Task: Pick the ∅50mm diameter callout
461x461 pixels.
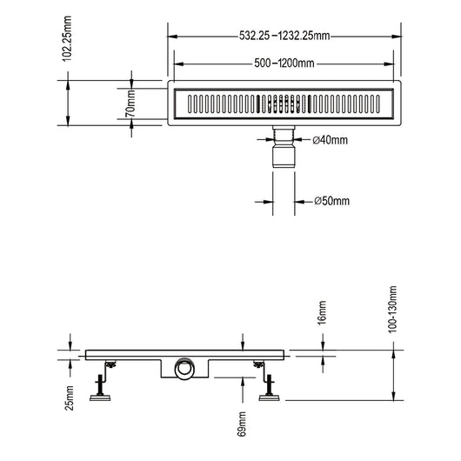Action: pos(331,201)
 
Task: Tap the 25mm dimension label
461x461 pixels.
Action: pos(70,397)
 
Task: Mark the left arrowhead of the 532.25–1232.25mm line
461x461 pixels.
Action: pos(172,37)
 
